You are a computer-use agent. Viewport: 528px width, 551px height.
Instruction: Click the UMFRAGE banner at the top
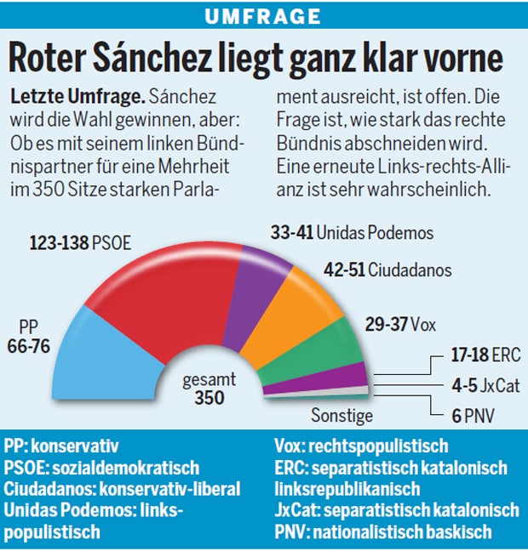(x=264, y=15)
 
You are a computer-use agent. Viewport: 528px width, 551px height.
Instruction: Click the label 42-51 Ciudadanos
(x=387, y=270)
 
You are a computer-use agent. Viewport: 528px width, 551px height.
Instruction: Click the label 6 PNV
(x=473, y=416)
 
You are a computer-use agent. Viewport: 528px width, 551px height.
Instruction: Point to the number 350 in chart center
(x=208, y=398)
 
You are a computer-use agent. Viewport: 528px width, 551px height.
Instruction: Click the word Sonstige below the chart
(x=341, y=416)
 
